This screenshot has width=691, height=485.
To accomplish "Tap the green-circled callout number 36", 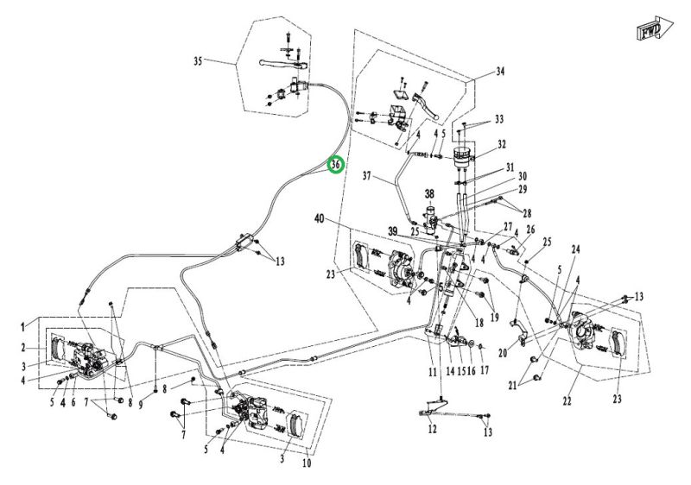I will click(x=337, y=163).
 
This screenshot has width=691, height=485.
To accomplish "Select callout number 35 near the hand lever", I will click(x=198, y=61).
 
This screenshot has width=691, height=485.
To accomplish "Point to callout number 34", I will click(x=499, y=73).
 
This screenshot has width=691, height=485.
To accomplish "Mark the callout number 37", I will click(x=366, y=177).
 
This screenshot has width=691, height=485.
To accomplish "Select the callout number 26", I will click(x=531, y=230).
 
